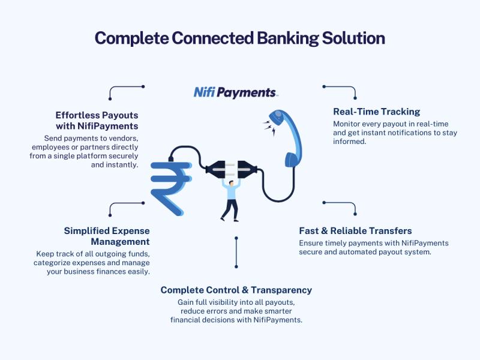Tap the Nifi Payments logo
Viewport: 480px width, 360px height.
coord(235,92)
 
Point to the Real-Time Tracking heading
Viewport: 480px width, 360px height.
coord(376,112)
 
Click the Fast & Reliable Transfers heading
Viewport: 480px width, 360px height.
coord(356,231)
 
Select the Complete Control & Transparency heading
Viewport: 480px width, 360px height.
coord(236,290)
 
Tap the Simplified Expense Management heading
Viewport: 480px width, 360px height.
coord(107,236)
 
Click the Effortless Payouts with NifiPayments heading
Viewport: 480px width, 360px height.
coord(97,120)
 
